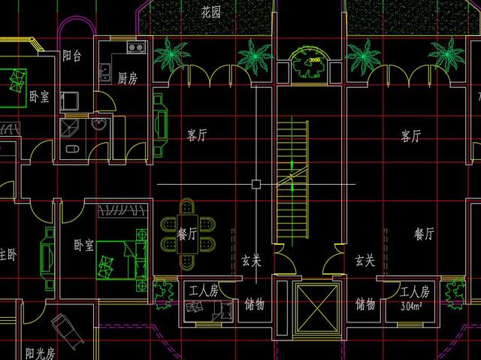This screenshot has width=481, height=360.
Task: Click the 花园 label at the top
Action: coord(212,13)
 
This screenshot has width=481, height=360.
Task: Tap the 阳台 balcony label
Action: coord(72,55)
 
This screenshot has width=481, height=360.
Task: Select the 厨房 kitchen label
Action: coord(127,78)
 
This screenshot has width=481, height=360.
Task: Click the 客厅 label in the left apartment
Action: coord(197,136)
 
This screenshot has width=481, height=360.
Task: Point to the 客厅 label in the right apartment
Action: coord(411,136)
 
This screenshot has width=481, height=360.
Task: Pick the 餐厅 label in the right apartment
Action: coord(424,234)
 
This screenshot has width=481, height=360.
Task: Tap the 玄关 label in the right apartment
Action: coord(365,261)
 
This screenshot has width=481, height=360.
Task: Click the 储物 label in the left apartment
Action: coord(255,304)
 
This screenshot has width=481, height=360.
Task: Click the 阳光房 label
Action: coord(40,352)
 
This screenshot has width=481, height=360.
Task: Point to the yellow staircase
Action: coord(292,181)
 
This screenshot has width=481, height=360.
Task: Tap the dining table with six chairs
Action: coord(187,233)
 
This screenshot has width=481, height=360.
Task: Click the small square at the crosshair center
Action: coord(256,184)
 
